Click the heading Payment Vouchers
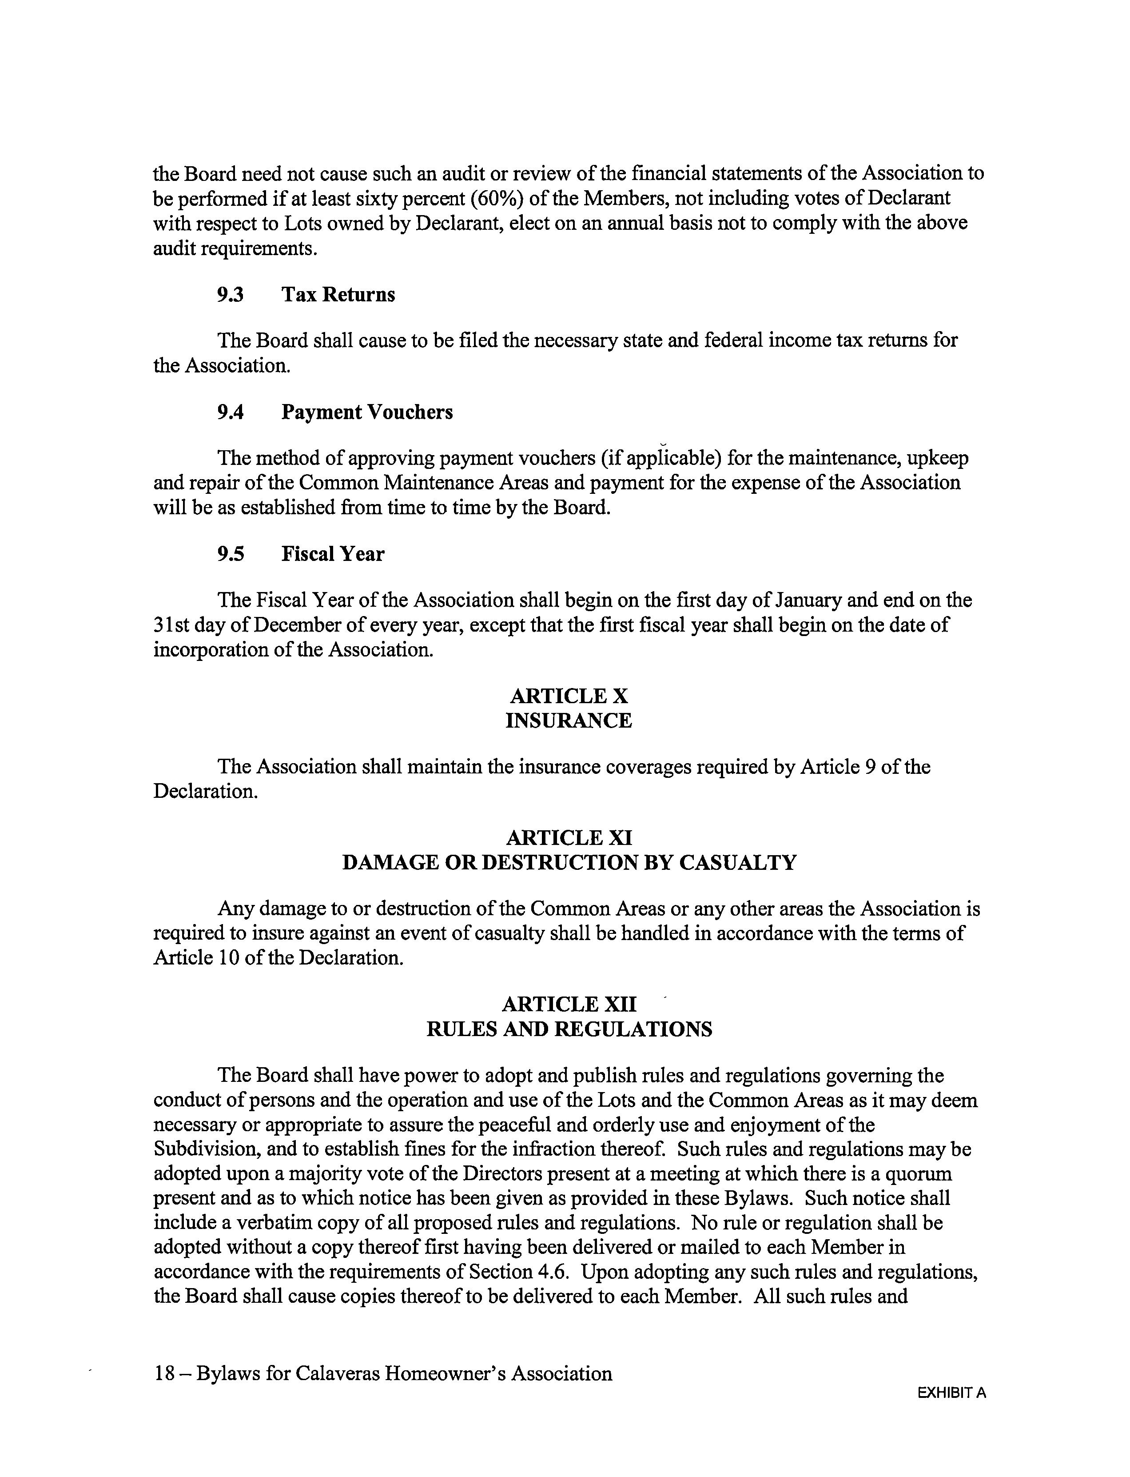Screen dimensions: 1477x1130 366,412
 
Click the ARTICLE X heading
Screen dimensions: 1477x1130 569,696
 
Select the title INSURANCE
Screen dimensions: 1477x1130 569,720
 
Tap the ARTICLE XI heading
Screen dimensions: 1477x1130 569,838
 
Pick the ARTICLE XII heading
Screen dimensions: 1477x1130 569,1005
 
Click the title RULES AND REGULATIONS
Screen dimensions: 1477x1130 569,1029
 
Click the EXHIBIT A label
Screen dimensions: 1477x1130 951,1393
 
